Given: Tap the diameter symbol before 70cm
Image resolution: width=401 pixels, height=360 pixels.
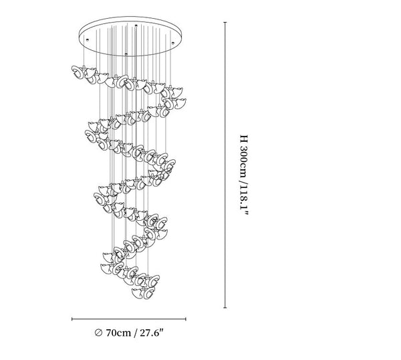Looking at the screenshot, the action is pyautogui.click(x=98, y=333).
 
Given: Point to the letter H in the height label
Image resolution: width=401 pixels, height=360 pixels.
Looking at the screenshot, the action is pyautogui.click(x=244, y=139).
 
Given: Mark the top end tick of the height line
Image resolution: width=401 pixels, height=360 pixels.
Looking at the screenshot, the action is pyautogui.click(x=225, y=22).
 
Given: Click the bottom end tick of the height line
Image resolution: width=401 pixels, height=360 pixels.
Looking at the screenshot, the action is pyautogui.click(x=225, y=308).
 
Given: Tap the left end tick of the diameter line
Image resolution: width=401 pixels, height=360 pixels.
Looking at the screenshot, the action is pyautogui.click(x=72, y=319).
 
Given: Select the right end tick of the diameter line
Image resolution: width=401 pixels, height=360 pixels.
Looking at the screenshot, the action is pyautogui.click(x=186, y=319).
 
